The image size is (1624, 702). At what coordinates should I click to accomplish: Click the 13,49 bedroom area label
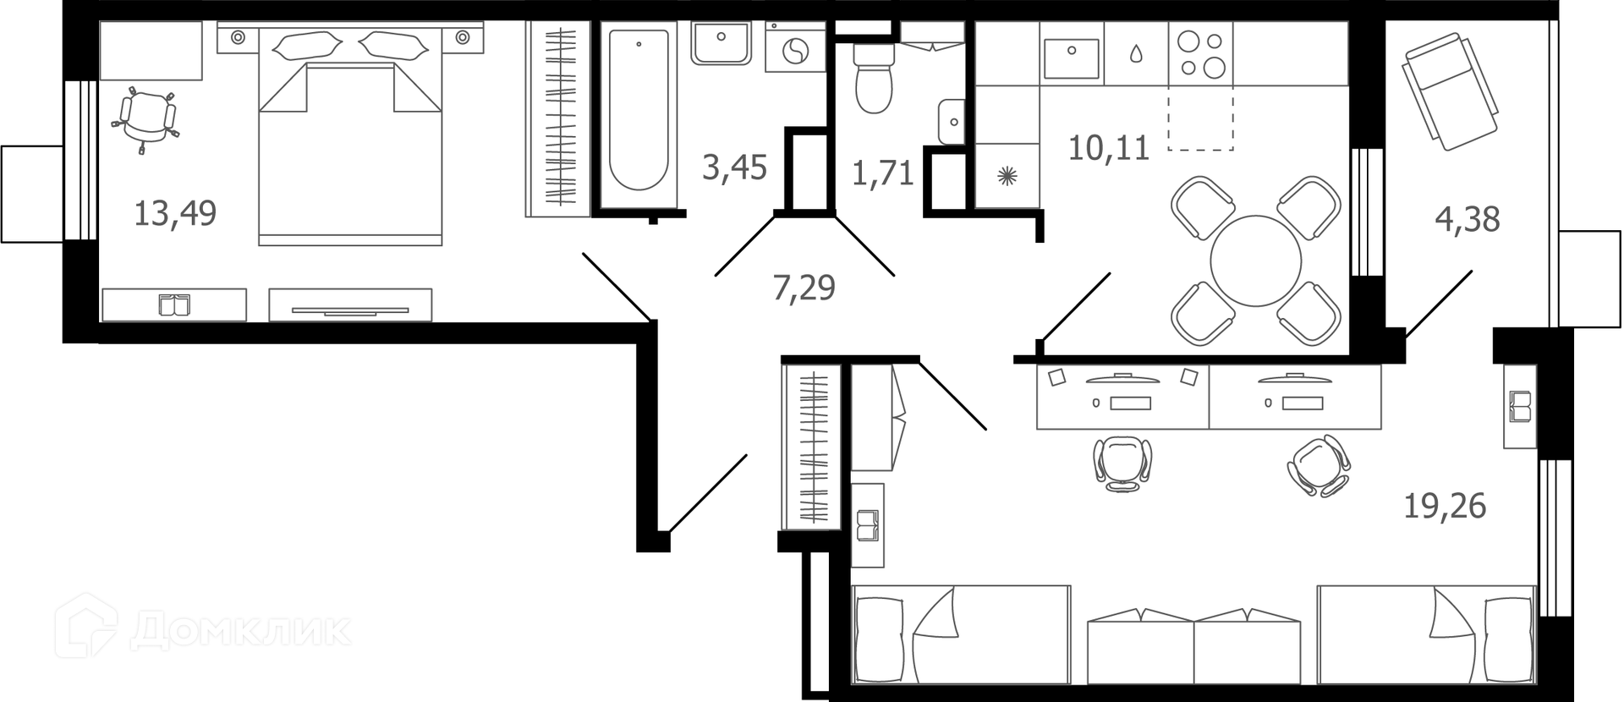point(175,213)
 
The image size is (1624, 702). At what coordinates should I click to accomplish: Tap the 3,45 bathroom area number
point(734,167)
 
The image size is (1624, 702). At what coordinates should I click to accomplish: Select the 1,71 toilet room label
point(882,173)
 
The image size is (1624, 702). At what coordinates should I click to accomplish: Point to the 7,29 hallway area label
point(804,288)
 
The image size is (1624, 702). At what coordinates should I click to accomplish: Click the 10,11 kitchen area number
point(1109,148)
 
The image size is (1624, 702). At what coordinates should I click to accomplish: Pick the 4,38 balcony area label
point(1468,219)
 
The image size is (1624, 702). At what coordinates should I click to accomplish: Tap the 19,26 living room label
point(1445,506)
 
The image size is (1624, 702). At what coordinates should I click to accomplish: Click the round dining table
point(1256,261)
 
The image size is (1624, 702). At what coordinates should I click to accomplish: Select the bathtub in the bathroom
point(639,110)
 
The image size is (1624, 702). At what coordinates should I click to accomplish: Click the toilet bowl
point(874,77)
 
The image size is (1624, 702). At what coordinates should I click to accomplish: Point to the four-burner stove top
point(1201,54)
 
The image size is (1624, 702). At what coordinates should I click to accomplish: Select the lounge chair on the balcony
point(1450,91)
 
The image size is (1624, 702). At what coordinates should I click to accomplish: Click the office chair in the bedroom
point(145,118)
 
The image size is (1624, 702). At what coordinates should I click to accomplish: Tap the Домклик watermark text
point(240,630)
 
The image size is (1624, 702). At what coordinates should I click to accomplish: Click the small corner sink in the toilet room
point(952,122)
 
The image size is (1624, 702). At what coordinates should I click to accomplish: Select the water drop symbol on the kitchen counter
point(1136,53)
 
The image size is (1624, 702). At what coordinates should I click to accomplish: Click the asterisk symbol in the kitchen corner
point(1007,176)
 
